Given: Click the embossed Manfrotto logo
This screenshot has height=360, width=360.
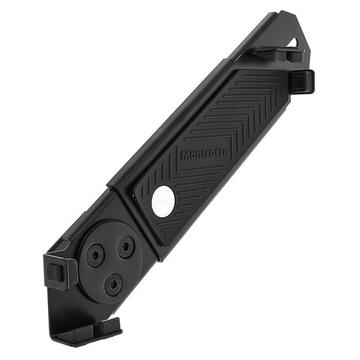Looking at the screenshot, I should (205, 154).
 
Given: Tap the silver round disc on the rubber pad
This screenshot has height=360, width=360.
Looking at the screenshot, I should (163, 201).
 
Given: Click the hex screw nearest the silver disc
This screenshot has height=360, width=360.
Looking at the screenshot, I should (126, 247).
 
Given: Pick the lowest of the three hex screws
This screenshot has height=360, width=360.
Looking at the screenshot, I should (113, 283).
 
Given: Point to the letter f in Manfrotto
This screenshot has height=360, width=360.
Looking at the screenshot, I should (205, 154).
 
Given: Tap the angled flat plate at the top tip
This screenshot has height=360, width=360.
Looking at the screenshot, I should (282, 27).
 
